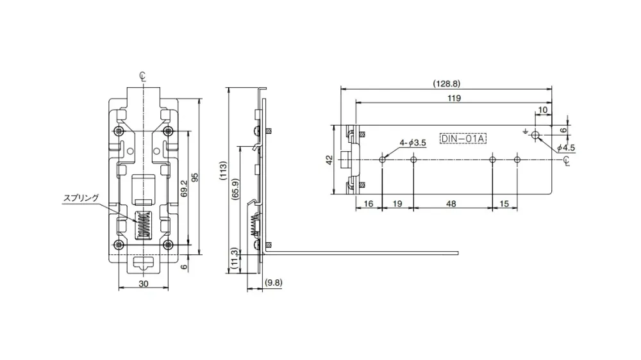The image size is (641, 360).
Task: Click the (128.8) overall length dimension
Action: pos(446,83)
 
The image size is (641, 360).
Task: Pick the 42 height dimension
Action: pos(329,160)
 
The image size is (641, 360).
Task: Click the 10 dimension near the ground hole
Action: pos(542,110)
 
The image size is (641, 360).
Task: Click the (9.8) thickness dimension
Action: pos(274,282)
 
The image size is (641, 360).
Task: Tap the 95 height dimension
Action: pos(196,177)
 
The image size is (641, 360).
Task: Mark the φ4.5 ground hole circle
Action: pos(537,136)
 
